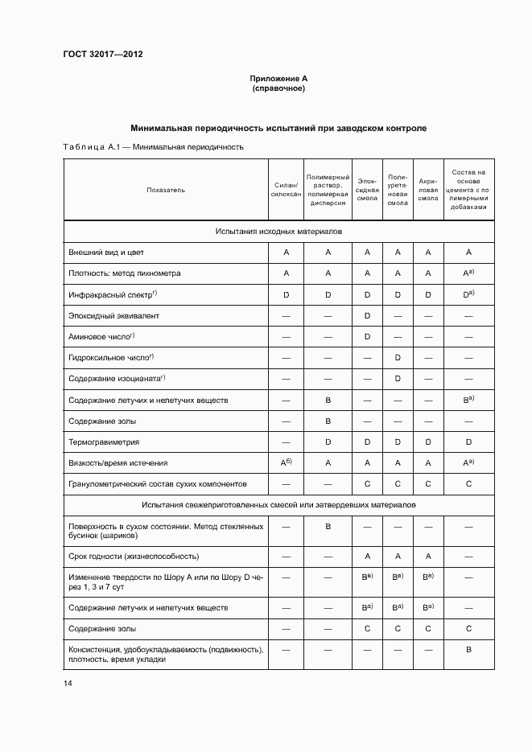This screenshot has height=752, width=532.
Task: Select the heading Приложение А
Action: (x=278, y=78)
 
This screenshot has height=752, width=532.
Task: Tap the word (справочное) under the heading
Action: (x=278, y=88)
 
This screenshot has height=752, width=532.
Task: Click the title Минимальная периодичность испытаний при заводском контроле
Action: (x=278, y=129)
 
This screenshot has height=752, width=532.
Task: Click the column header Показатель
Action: (x=166, y=190)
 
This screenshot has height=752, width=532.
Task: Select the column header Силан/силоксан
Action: (x=286, y=190)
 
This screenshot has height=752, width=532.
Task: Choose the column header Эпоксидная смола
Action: (x=367, y=190)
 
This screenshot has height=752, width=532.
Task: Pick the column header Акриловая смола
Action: (x=428, y=190)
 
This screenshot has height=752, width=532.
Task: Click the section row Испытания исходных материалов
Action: (x=278, y=231)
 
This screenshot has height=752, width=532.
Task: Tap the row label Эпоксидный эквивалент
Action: (x=108, y=315)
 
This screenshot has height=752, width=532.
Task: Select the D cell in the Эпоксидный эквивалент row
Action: (x=367, y=315)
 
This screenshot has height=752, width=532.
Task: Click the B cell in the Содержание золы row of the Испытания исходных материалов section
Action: (x=328, y=421)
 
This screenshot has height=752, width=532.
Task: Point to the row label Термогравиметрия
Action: (x=105, y=442)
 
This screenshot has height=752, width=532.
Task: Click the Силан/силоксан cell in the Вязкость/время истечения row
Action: (x=286, y=462)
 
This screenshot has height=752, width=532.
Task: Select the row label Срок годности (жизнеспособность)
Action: (x=134, y=556)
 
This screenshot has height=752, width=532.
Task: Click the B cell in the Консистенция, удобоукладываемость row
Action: (x=468, y=649)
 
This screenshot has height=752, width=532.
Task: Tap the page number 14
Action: (x=68, y=683)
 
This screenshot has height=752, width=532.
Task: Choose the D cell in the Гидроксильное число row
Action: (x=398, y=357)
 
